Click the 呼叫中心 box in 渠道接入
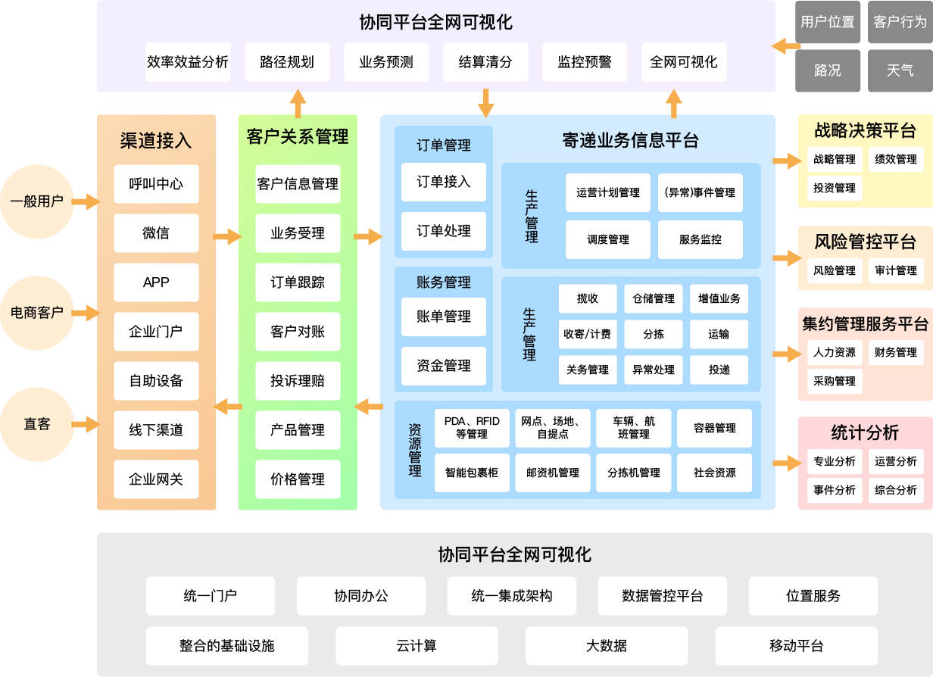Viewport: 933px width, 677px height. coord(156,184)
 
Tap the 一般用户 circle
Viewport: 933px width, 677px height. coord(36,201)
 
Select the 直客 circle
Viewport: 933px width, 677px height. coord(36,424)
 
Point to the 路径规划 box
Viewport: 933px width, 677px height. coord(287,62)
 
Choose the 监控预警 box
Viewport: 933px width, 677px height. coord(585,62)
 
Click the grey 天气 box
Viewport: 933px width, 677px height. coord(900,70)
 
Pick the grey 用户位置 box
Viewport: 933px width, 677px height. coord(828,22)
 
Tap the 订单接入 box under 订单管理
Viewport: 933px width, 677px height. coord(444,182)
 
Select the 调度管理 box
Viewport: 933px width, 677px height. coord(608,239)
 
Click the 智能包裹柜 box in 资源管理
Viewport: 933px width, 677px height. coord(472,473)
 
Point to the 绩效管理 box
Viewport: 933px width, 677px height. coord(896,159)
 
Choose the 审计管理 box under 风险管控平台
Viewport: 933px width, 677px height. coord(896,270)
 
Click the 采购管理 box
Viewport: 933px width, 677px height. coord(835,381)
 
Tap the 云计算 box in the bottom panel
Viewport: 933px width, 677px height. coord(417,646)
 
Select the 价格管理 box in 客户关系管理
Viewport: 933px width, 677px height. coord(298,479)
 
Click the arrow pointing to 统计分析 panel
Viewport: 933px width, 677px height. coord(786,460)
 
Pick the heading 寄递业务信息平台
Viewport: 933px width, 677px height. coord(630,140)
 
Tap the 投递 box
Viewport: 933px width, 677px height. coord(719,370)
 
